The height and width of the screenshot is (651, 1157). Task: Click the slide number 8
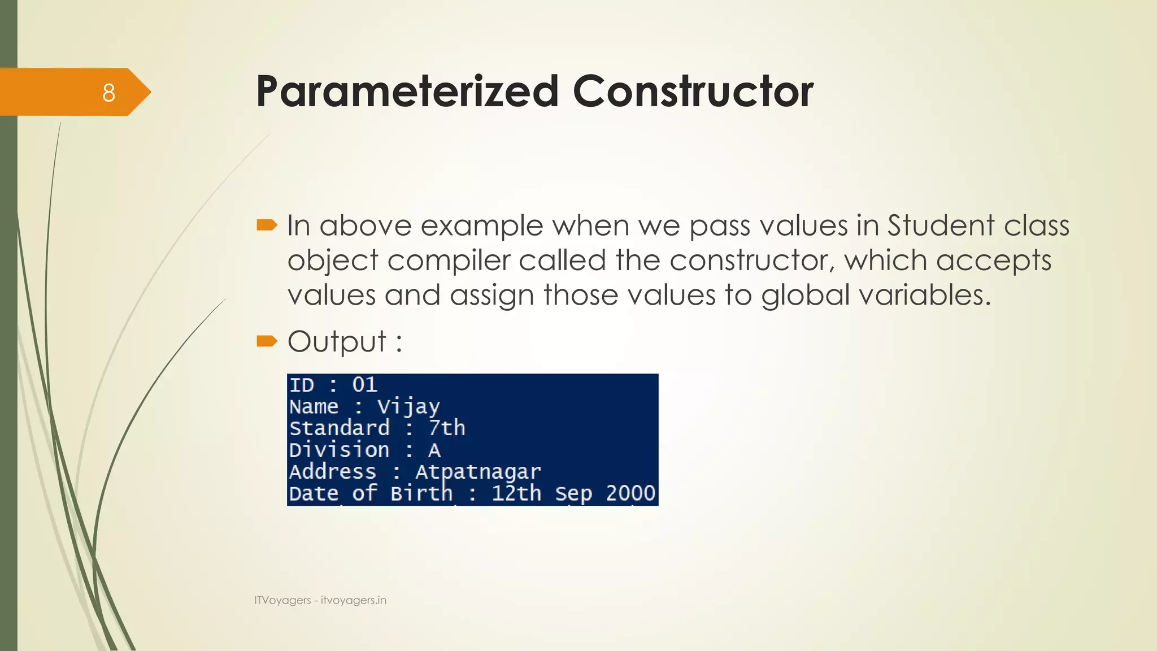tap(108, 93)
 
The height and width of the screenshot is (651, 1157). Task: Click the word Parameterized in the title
tap(407, 91)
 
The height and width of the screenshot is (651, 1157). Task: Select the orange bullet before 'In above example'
tap(267, 226)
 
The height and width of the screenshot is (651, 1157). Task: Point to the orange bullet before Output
tap(267, 341)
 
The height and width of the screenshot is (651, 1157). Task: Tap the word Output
tap(337, 341)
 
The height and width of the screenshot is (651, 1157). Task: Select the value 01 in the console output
tap(364, 385)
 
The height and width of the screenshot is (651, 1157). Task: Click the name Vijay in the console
tap(408, 407)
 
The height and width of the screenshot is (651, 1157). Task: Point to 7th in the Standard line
tap(446, 428)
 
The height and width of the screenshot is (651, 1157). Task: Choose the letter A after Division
tap(434, 450)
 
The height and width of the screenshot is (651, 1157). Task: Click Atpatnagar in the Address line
tap(478, 472)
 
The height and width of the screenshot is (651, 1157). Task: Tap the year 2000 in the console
tap(630, 493)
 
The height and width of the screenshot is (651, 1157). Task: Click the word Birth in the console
tap(421, 493)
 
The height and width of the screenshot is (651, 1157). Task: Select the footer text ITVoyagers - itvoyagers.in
tap(320, 600)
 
